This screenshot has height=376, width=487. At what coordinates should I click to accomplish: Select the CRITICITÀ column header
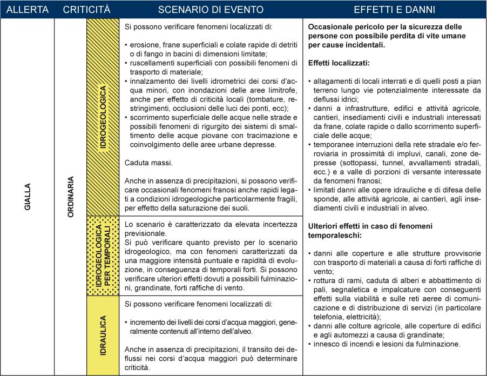86,10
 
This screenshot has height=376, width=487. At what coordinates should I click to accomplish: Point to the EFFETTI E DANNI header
395,10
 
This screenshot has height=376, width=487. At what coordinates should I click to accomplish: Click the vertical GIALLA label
28,198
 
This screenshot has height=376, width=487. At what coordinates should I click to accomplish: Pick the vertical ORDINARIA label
70,198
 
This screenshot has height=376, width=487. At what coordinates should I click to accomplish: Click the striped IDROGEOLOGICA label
103,117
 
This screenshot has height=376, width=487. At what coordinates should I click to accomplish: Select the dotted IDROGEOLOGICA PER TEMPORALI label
103,255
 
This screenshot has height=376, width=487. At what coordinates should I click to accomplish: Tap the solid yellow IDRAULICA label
103,335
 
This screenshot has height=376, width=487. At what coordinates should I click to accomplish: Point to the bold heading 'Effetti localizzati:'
339,63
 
